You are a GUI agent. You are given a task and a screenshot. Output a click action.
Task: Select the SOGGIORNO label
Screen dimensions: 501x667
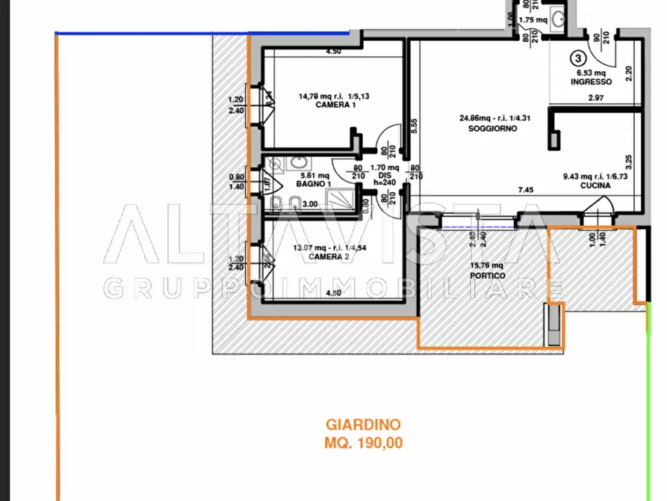(x=492, y=128)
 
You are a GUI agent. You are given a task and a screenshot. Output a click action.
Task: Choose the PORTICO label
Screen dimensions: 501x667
(x=488, y=275)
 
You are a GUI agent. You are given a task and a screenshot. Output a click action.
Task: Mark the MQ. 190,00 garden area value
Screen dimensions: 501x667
(x=364, y=443)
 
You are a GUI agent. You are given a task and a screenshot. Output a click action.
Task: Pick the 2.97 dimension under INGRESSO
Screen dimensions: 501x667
(x=595, y=98)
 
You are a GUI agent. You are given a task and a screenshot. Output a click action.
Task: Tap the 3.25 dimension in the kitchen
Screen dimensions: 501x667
(x=630, y=160)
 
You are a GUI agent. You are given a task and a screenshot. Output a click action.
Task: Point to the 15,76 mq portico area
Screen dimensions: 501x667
(x=486, y=265)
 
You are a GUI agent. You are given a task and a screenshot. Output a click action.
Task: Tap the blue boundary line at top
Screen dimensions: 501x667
(x=202, y=33)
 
